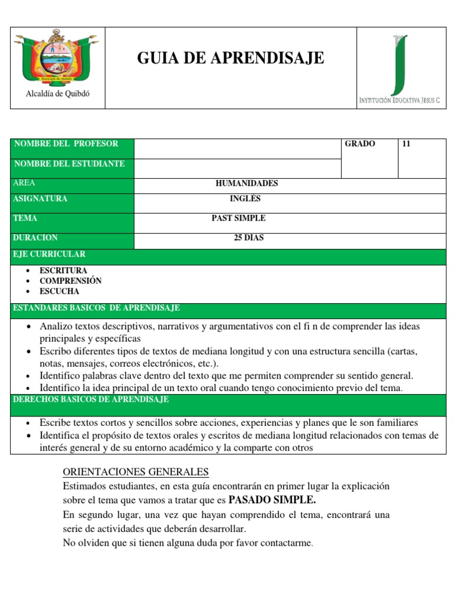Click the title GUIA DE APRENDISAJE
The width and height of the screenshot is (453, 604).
coord(231,58)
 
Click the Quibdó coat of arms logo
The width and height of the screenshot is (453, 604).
coord(57,57)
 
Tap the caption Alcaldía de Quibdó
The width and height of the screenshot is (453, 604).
coord(57,94)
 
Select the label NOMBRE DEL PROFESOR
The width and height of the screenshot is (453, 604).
coord(65,144)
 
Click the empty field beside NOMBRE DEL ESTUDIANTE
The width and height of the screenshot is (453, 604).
coord(237,168)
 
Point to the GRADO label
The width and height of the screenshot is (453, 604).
coord(360,144)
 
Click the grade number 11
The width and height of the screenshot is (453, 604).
coord(406,144)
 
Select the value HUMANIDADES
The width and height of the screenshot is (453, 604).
coord(247,183)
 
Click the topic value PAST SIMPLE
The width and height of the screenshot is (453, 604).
coord(238,218)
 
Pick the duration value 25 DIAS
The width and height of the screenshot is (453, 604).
coord(249,238)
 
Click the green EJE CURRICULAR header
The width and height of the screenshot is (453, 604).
coord(50,254)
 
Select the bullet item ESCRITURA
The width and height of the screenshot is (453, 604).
coord(63,270)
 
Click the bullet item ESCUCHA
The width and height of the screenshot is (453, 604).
coord(59,291)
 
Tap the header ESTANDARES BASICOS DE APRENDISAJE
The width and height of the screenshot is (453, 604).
coord(96,308)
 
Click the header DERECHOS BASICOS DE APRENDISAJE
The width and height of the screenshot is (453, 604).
coord(91,400)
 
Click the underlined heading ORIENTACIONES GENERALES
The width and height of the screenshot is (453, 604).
coord(136,472)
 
